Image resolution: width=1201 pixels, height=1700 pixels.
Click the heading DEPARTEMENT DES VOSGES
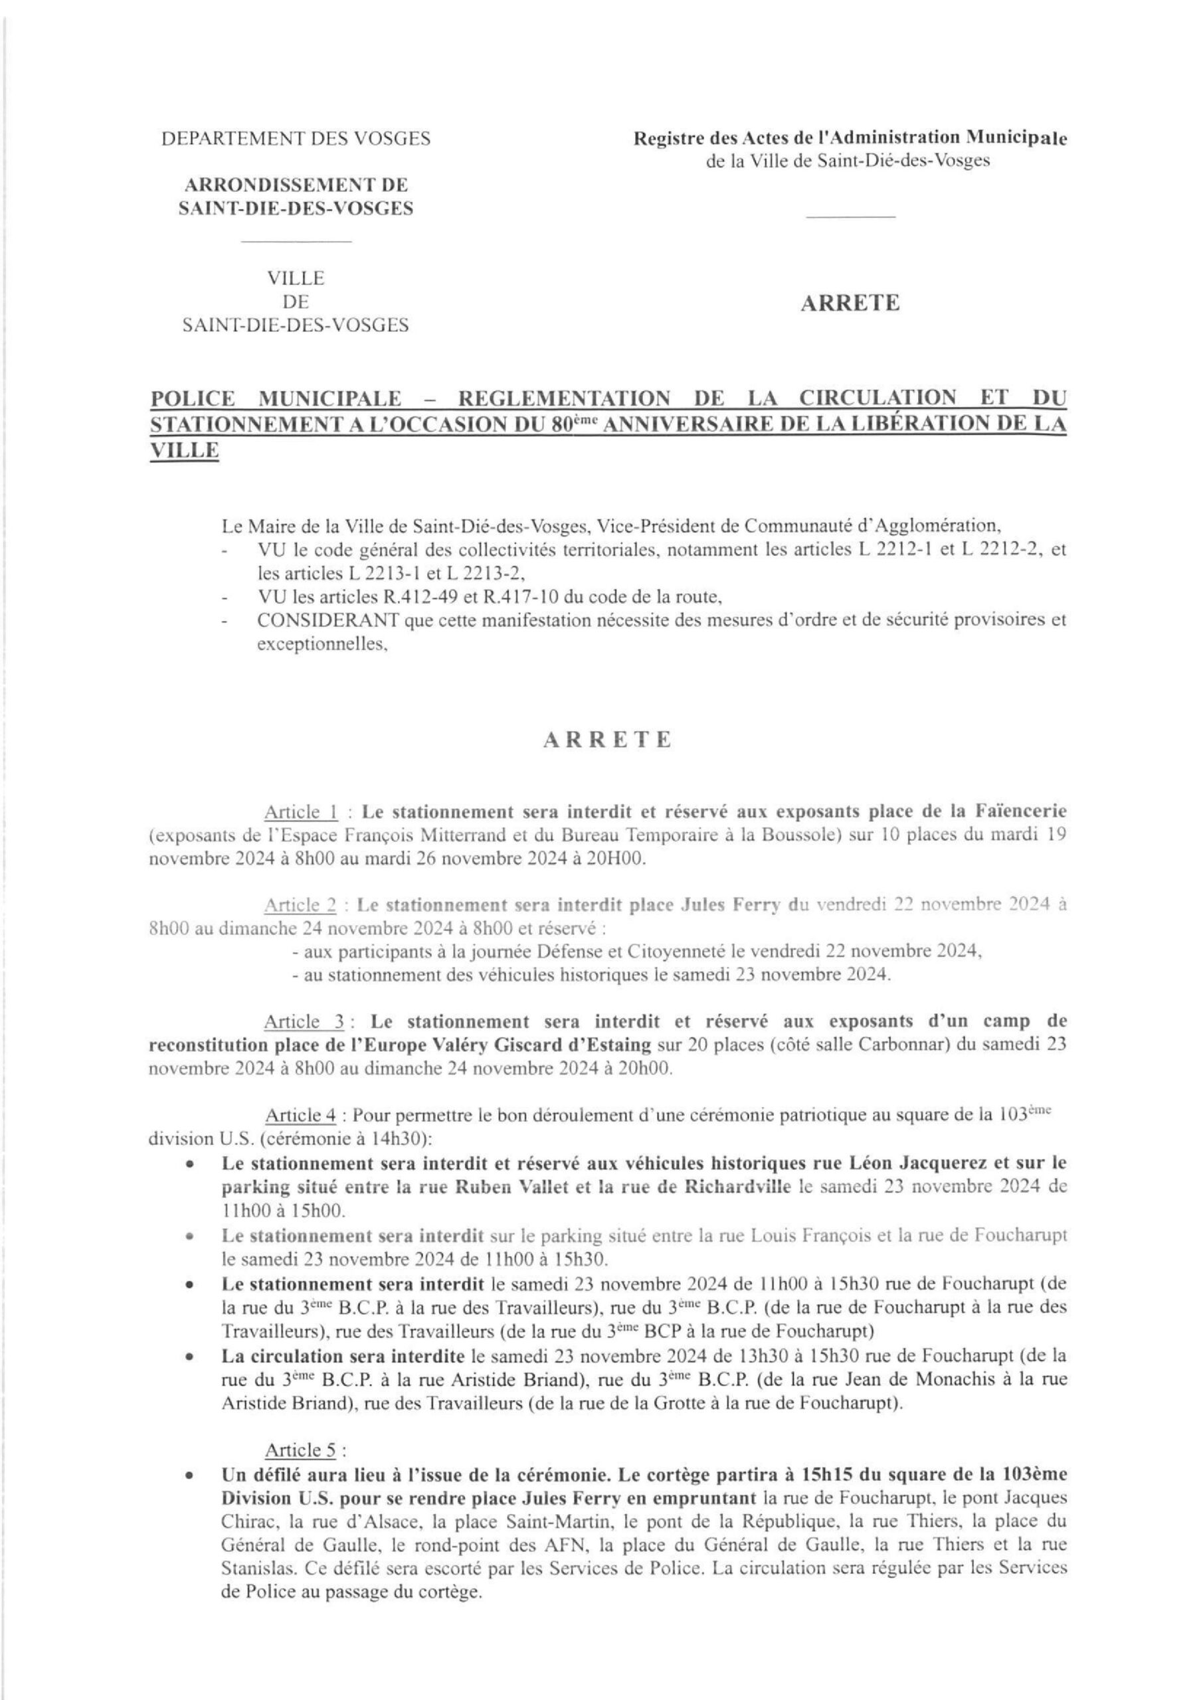tap(296, 139)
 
